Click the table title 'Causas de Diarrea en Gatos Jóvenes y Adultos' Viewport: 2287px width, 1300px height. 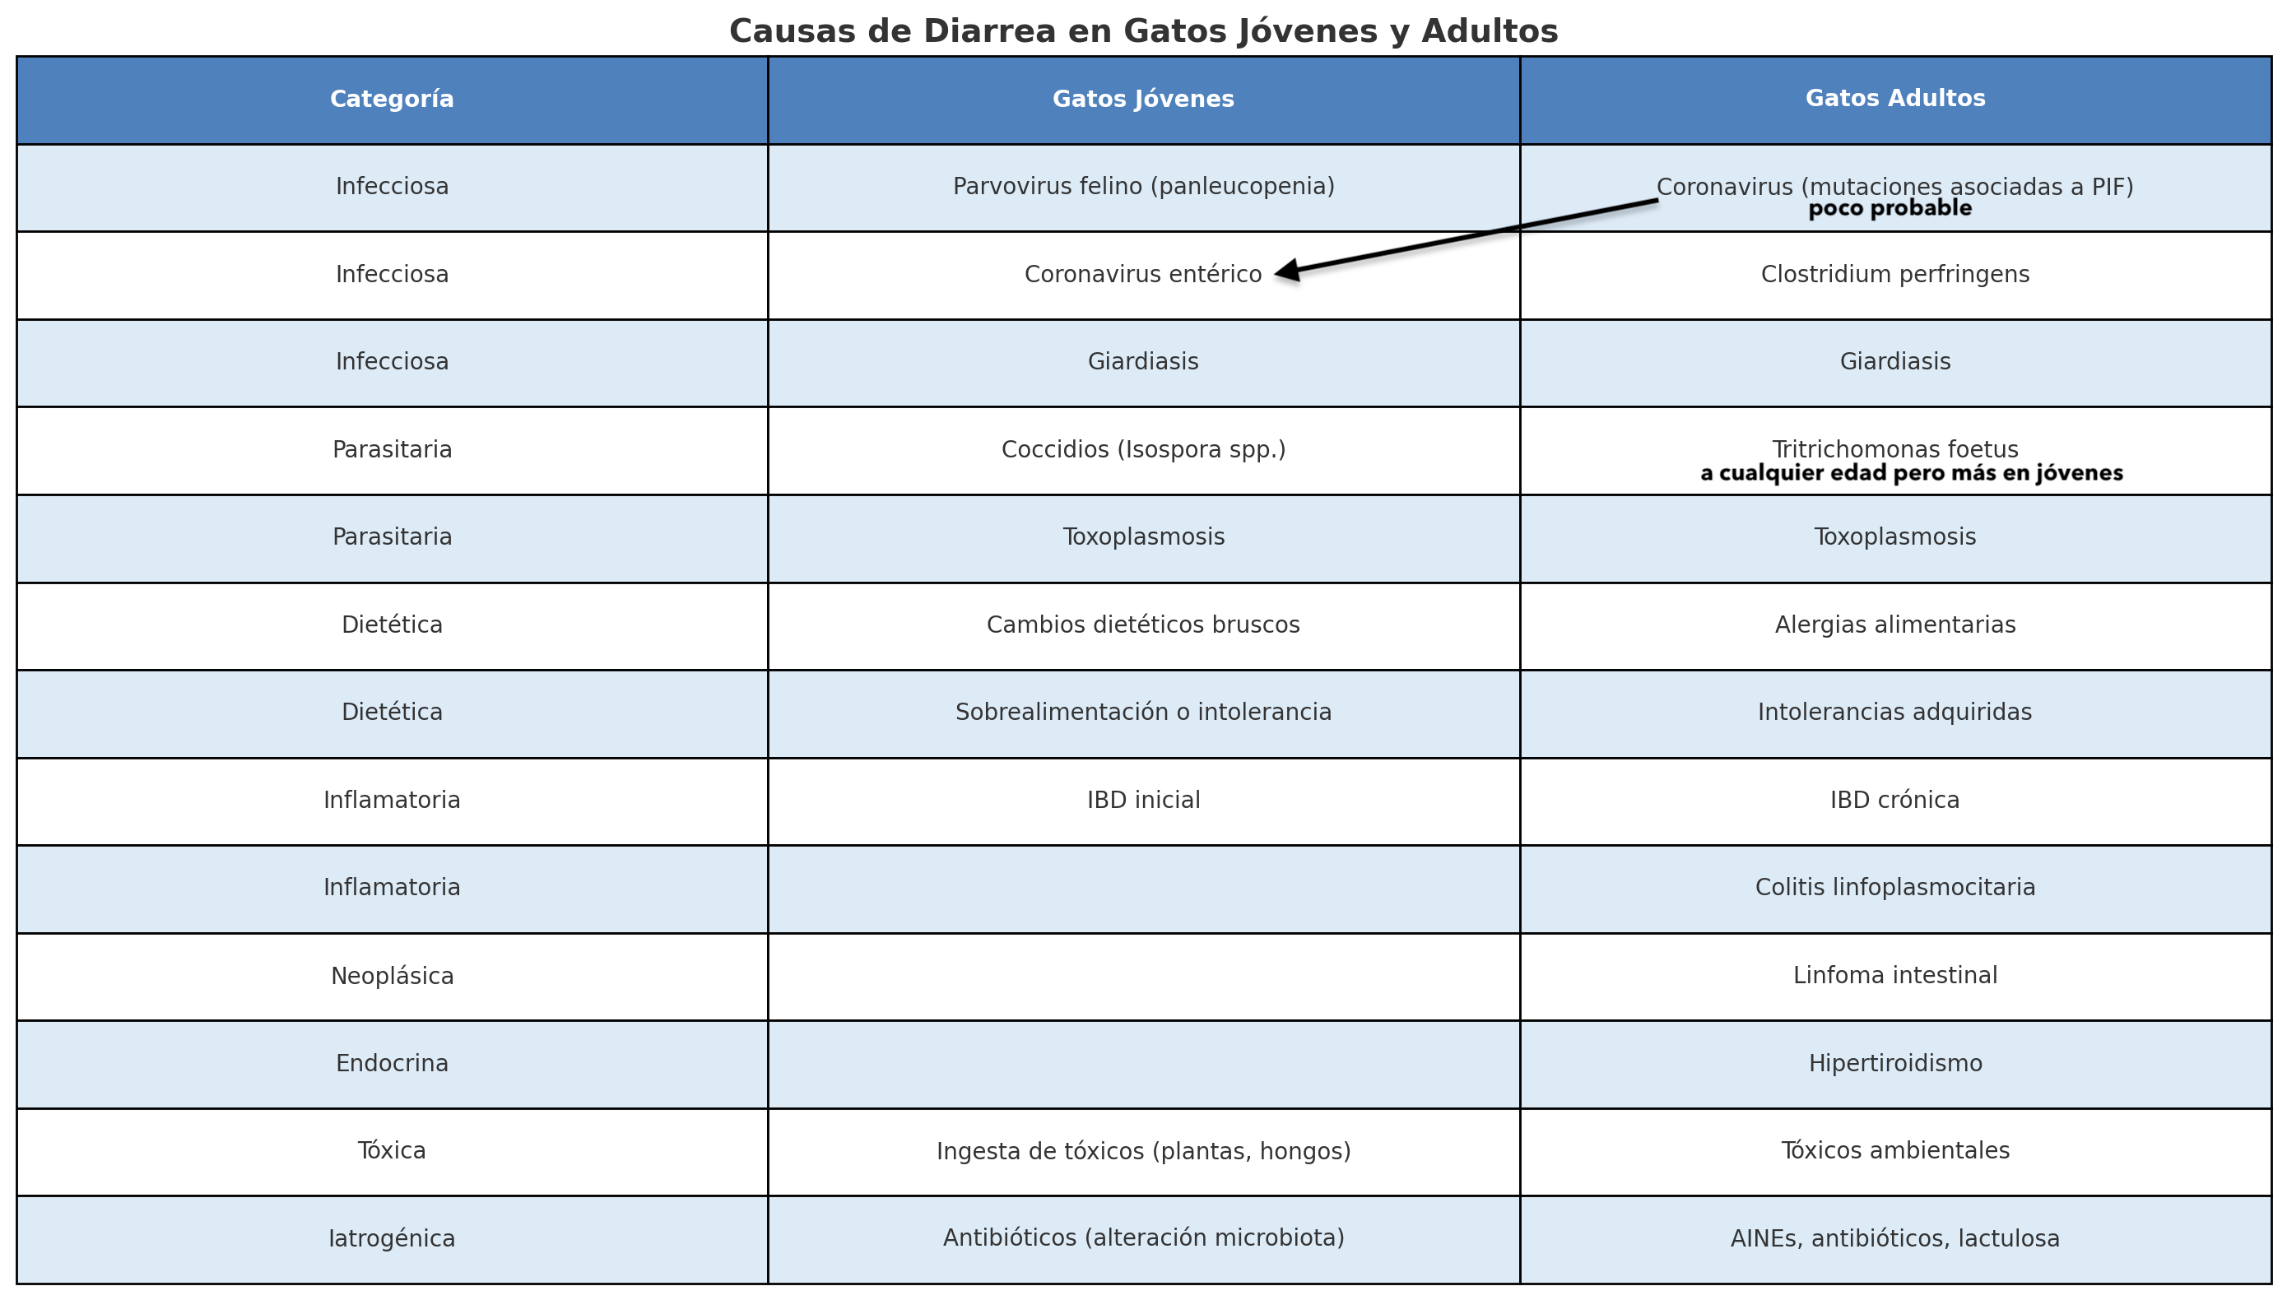coord(1143,31)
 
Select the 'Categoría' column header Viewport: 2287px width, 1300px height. coord(392,99)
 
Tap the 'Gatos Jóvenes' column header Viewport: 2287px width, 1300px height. coord(1143,99)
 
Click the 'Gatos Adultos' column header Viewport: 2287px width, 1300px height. coord(1895,98)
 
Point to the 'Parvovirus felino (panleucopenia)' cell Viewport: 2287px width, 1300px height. coord(1143,187)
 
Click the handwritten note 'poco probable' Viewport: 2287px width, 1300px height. coord(1890,209)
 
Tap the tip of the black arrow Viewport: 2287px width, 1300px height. coord(1276,273)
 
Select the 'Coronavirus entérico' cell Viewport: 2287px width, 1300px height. coord(1143,274)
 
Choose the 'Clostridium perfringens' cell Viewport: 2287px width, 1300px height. coord(1895,274)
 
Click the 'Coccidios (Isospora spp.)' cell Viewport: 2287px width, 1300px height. coord(1143,449)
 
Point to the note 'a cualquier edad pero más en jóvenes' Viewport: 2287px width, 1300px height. coord(1911,473)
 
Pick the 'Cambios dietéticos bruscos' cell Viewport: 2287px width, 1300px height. coord(1143,625)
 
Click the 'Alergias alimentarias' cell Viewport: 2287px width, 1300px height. coord(1895,625)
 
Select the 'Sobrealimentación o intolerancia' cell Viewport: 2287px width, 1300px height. coord(1143,713)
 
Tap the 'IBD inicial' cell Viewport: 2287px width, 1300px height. coord(1143,800)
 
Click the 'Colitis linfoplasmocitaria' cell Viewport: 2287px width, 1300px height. coord(1895,888)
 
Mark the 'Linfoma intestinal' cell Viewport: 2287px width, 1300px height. coord(1895,975)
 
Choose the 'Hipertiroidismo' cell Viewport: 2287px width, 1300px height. coord(1895,1063)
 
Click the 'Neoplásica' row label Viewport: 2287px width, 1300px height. coord(392,976)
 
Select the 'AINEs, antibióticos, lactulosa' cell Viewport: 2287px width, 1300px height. coord(1895,1238)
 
